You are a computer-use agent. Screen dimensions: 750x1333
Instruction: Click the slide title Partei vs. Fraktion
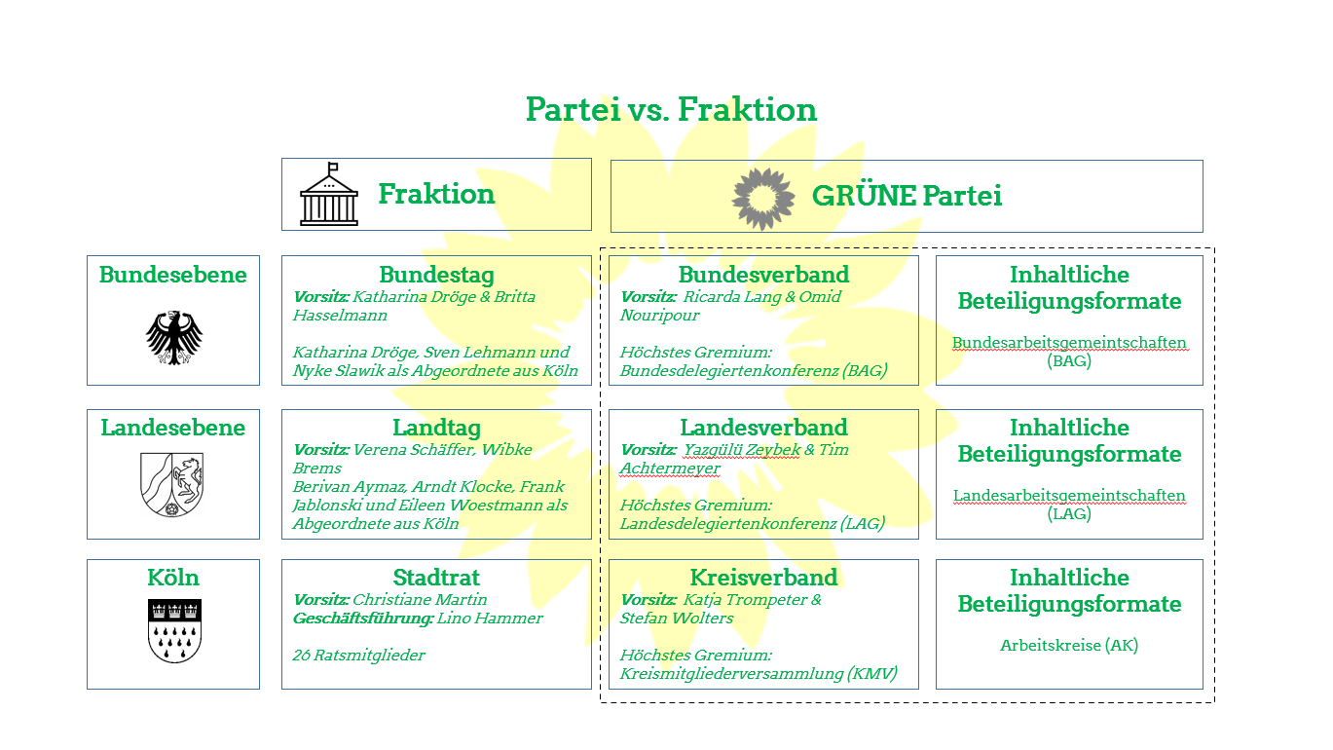click(671, 109)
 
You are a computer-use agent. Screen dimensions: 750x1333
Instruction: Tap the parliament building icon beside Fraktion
click(329, 195)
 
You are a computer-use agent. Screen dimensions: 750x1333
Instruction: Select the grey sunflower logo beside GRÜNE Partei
click(762, 196)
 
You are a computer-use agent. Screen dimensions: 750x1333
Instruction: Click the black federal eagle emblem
click(174, 337)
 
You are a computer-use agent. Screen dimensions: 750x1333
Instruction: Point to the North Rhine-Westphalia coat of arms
click(173, 484)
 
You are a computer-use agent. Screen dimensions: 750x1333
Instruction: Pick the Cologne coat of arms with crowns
click(173, 631)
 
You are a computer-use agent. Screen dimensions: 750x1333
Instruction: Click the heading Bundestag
click(436, 275)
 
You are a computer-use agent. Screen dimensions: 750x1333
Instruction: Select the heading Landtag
click(436, 428)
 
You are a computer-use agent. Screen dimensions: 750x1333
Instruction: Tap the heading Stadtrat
click(436, 578)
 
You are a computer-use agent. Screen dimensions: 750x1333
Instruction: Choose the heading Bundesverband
click(763, 275)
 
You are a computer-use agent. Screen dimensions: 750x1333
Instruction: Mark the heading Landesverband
click(763, 428)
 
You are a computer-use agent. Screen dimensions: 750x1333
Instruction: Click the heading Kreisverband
click(763, 578)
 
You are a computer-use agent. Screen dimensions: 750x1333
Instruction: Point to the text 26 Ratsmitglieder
click(358, 656)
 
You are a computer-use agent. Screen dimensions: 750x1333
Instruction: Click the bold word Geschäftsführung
click(362, 619)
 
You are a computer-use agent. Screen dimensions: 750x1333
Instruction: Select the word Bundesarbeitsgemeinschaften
click(1069, 343)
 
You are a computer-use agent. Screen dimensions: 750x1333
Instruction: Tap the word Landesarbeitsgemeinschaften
click(1069, 496)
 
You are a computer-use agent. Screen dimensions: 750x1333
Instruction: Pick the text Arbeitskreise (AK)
click(1069, 645)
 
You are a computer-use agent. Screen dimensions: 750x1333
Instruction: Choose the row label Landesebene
click(173, 428)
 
